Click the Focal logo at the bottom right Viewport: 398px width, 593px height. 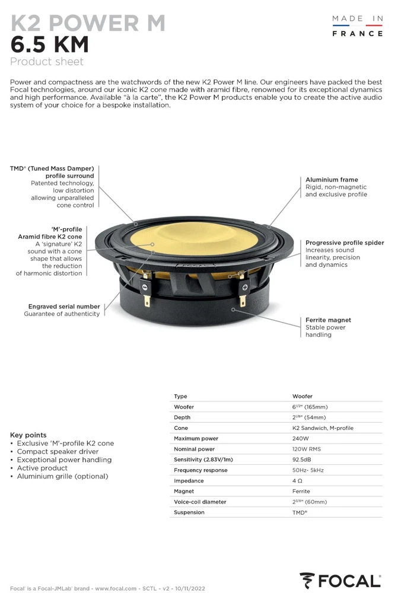(340, 580)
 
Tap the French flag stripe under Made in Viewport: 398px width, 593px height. (358, 26)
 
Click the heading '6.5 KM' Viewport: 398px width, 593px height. (50, 44)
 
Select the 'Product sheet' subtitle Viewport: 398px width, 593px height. (47, 62)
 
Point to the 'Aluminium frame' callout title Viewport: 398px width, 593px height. (332, 180)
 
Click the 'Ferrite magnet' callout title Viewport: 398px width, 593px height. (328, 320)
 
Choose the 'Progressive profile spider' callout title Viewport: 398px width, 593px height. (345, 243)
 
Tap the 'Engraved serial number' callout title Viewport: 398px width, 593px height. (64, 307)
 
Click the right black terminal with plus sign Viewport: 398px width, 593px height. (243, 287)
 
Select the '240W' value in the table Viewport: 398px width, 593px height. (301, 439)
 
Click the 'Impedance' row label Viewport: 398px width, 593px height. (189, 481)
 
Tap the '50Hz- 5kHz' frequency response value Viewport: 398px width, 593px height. (308, 470)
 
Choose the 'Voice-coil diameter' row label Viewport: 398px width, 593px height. (200, 502)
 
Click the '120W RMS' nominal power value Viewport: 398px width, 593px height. (307, 449)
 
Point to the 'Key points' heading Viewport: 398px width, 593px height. (28, 435)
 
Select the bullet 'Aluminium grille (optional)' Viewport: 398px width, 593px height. (62, 476)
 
